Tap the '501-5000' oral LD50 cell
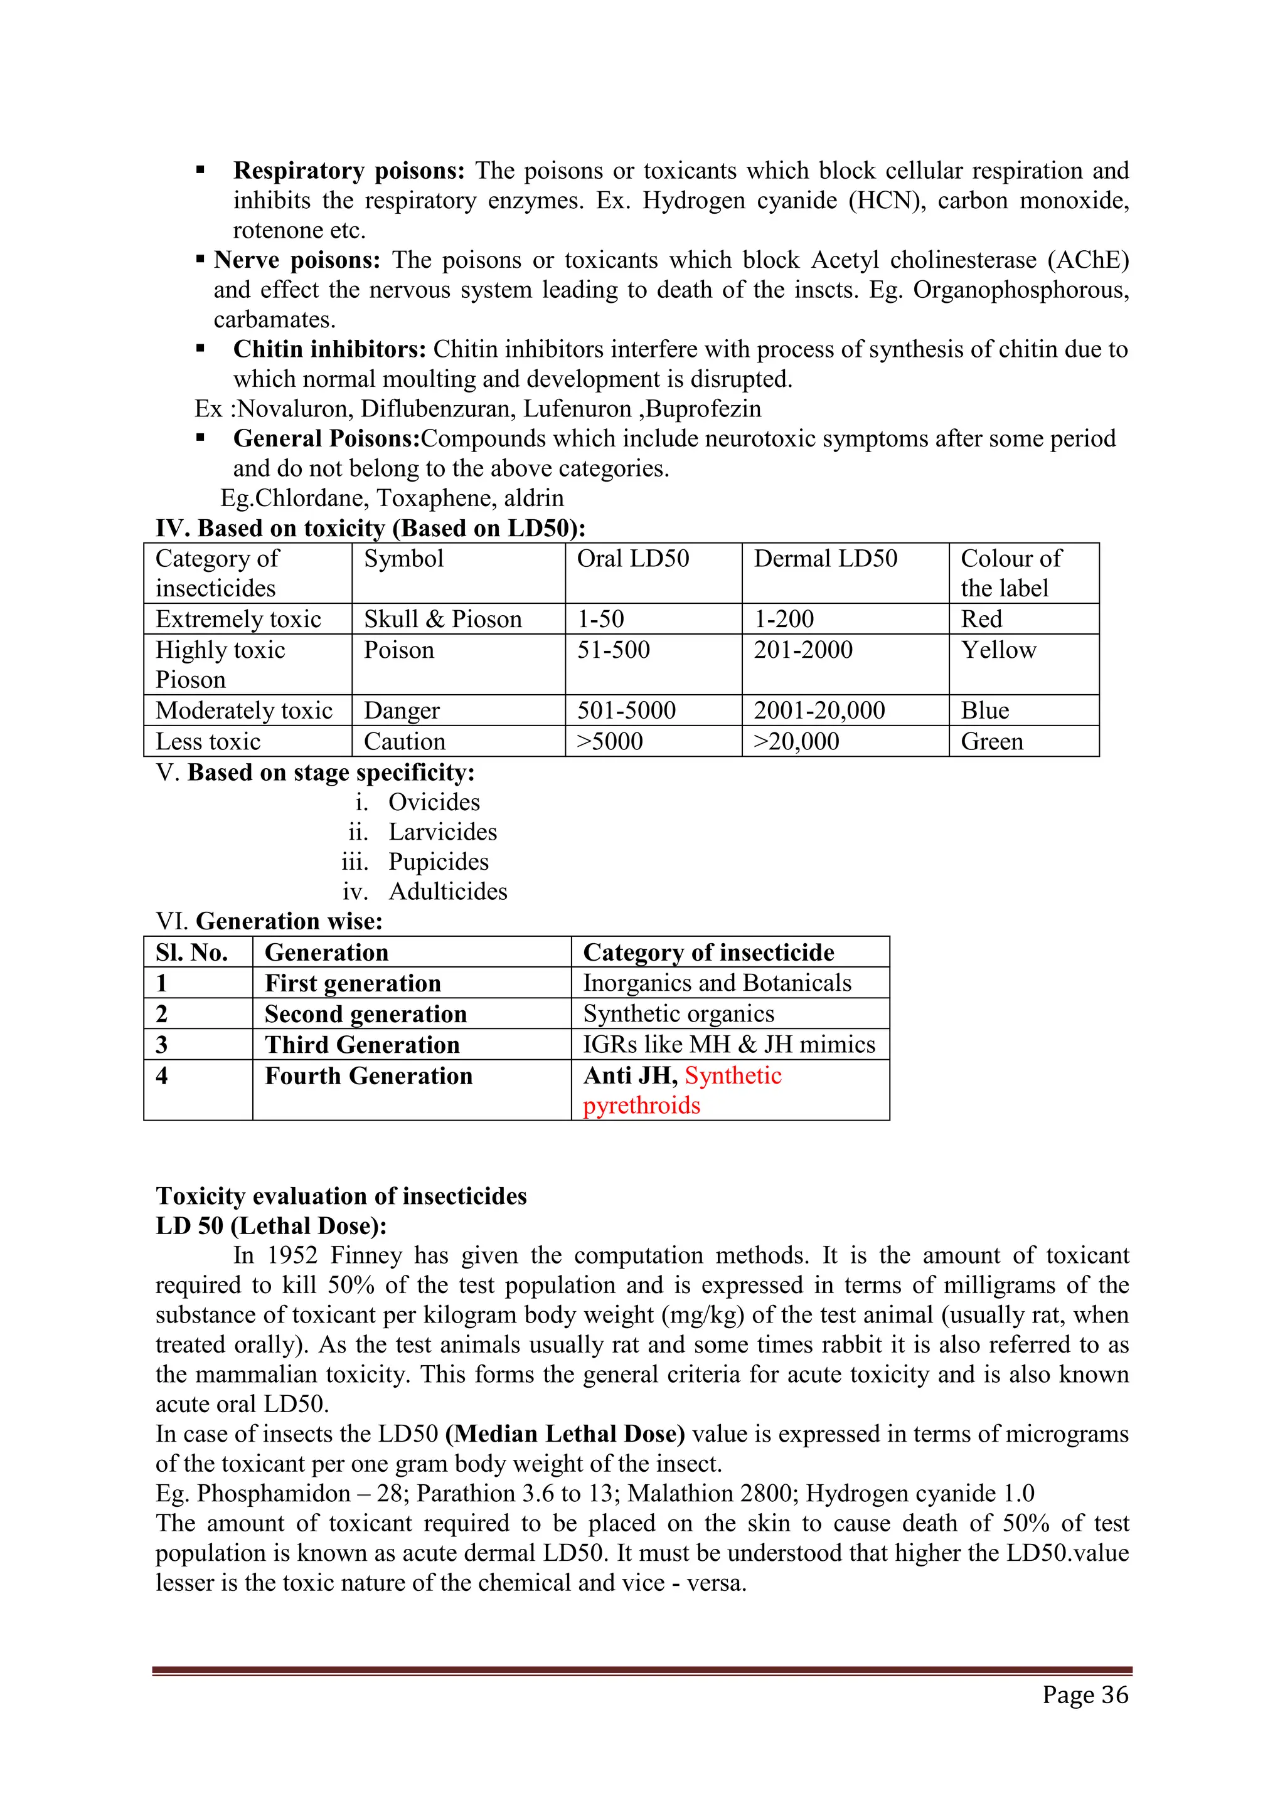click(626, 710)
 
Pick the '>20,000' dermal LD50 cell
click(796, 742)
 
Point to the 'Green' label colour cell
click(991, 742)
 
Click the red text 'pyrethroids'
click(642, 1105)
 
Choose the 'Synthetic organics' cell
click(678, 1014)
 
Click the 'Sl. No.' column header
click(191, 953)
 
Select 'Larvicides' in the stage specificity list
click(442, 832)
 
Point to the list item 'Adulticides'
click(448, 892)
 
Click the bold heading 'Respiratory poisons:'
click(349, 171)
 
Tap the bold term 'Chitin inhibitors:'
click(330, 350)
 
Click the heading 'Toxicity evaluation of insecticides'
click(341, 1196)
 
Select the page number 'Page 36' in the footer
click(1085, 1695)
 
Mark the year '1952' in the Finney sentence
click(292, 1255)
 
